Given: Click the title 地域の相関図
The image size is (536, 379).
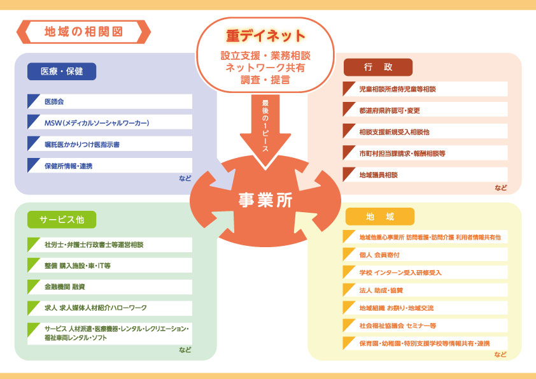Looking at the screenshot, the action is (x=83, y=32).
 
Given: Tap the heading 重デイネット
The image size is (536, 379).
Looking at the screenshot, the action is (x=265, y=36).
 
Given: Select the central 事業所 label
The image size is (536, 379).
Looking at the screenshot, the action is (x=265, y=200).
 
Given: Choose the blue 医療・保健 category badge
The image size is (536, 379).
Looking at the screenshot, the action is (x=62, y=71).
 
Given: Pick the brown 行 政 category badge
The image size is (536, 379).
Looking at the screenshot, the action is (x=378, y=67).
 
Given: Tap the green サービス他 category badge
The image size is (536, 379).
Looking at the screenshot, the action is (x=62, y=220).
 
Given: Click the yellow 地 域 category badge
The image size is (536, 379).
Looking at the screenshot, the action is (x=380, y=217).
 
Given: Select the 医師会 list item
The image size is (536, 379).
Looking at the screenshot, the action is (x=54, y=101).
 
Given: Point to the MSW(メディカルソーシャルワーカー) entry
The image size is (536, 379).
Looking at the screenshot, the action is (x=97, y=123).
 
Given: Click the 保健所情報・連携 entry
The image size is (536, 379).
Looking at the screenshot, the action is (x=68, y=166).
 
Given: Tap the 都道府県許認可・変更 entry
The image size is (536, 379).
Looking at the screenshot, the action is (x=390, y=110).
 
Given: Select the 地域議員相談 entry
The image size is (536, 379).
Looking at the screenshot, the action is (x=378, y=175).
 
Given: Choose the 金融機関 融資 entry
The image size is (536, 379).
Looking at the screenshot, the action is (x=64, y=287).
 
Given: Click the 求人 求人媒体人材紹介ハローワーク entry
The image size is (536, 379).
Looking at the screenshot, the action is (x=95, y=308).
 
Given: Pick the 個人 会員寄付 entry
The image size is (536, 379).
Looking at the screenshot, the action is (x=379, y=255).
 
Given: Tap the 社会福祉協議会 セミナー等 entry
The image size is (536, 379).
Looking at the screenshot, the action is (x=398, y=325).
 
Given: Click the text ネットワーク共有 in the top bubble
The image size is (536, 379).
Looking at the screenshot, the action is (x=265, y=68).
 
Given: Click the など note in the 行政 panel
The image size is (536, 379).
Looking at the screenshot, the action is (x=501, y=187).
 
